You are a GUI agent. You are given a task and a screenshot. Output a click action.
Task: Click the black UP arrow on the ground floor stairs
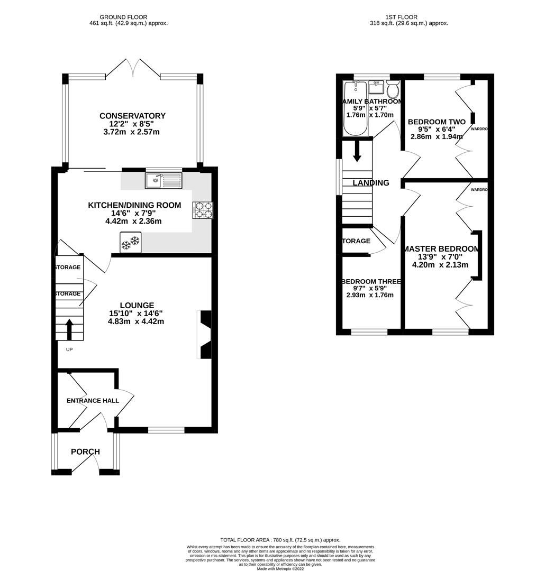(69, 330)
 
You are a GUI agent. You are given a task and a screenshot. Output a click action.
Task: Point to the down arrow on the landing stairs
(357, 151)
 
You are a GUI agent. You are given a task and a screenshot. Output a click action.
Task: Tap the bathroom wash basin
(376, 86)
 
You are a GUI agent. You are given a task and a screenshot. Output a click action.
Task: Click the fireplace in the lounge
(205, 335)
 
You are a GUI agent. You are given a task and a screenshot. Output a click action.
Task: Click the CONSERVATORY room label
(132, 116)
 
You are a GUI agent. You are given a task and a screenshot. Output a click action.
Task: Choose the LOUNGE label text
(137, 305)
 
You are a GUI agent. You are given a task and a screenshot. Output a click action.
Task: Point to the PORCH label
(85, 452)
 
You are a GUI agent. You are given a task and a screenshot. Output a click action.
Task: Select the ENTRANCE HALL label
(93, 400)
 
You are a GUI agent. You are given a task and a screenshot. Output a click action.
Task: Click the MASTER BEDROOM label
(441, 249)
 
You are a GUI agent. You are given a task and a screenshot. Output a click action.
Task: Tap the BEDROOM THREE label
(371, 281)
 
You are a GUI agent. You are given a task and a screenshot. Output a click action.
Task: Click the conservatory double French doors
(132, 69)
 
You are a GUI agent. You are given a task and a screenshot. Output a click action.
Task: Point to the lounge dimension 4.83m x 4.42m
(136, 321)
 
